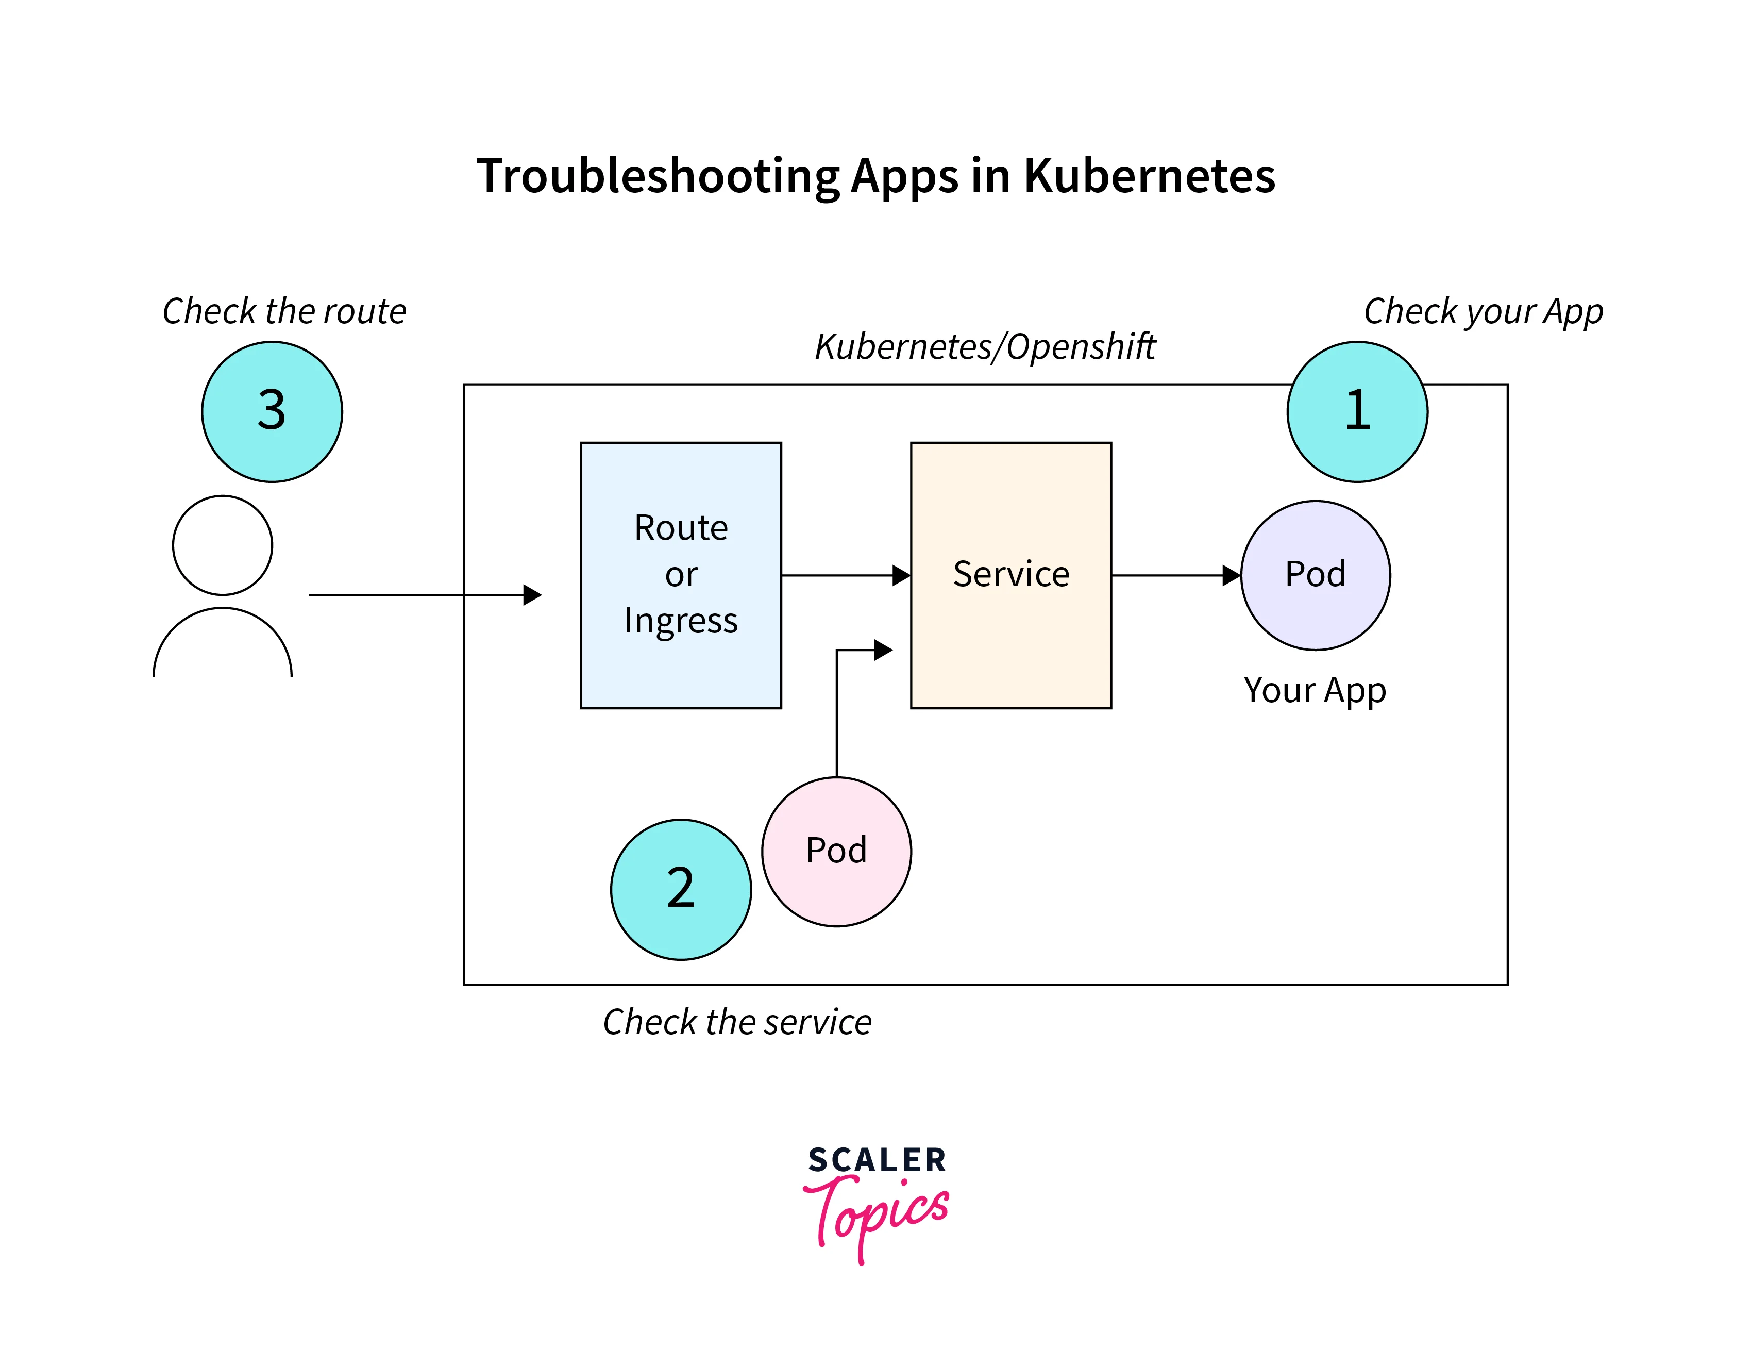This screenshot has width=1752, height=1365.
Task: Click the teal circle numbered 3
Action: (x=272, y=412)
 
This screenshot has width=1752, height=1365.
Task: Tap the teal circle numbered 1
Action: (x=1357, y=412)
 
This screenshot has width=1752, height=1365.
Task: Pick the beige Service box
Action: (x=1011, y=575)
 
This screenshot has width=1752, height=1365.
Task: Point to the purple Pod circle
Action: (x=1315, y=575)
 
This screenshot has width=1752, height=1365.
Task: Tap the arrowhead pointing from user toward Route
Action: (x=532, y=595)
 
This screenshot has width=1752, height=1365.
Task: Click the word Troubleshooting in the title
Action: (x=658, y=176)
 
